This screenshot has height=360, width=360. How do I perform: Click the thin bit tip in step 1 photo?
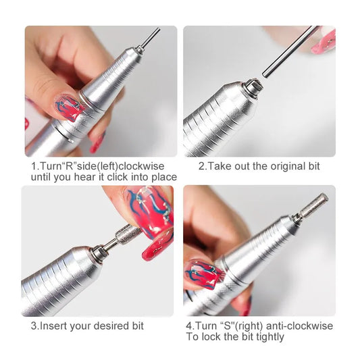(x=151, y=38)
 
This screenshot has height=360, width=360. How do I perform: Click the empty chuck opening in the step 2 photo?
(x=254, y=86)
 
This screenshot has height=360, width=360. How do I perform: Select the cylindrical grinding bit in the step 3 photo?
(x=128, y=236)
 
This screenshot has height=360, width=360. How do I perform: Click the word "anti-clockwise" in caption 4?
(x=301, y=326)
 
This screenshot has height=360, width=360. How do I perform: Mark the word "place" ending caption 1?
(x=163, y=177)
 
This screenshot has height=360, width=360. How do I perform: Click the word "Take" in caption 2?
(x=220, y=166)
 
